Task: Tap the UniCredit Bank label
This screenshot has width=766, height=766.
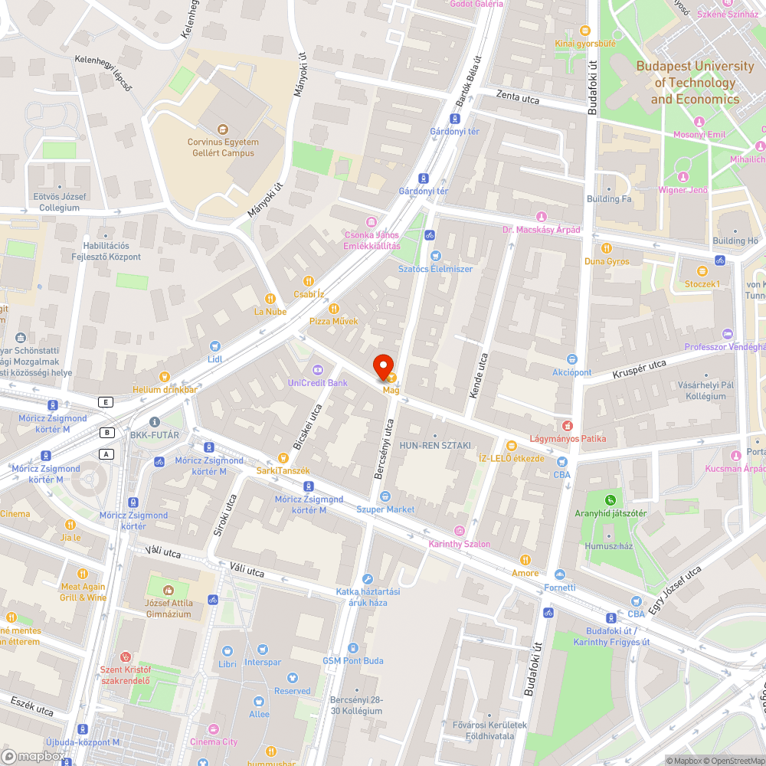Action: [x=318, y=382]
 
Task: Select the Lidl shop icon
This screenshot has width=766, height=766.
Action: [x=215, y=346]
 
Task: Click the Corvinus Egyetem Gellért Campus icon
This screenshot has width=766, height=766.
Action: [x=223, y=129]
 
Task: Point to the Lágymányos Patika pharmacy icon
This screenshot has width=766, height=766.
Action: [x=568, y=425]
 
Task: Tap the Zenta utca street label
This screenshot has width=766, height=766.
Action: [x=518, y=97]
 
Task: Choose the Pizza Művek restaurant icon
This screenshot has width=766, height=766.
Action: [x=334, y=308]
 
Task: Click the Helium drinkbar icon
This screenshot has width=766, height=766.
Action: [x=164, y=376]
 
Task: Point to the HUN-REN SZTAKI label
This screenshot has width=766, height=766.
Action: [x=435, y=445]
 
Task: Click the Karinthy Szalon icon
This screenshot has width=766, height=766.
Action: [x=460, y=531]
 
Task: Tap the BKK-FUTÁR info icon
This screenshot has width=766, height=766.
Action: [x=155, y=422]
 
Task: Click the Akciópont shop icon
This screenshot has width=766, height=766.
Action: [x=571, y=359]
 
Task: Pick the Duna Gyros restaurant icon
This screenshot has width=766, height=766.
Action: [x=607, y=248]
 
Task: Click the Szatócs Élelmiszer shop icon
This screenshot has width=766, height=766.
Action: [x=436, y=256]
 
